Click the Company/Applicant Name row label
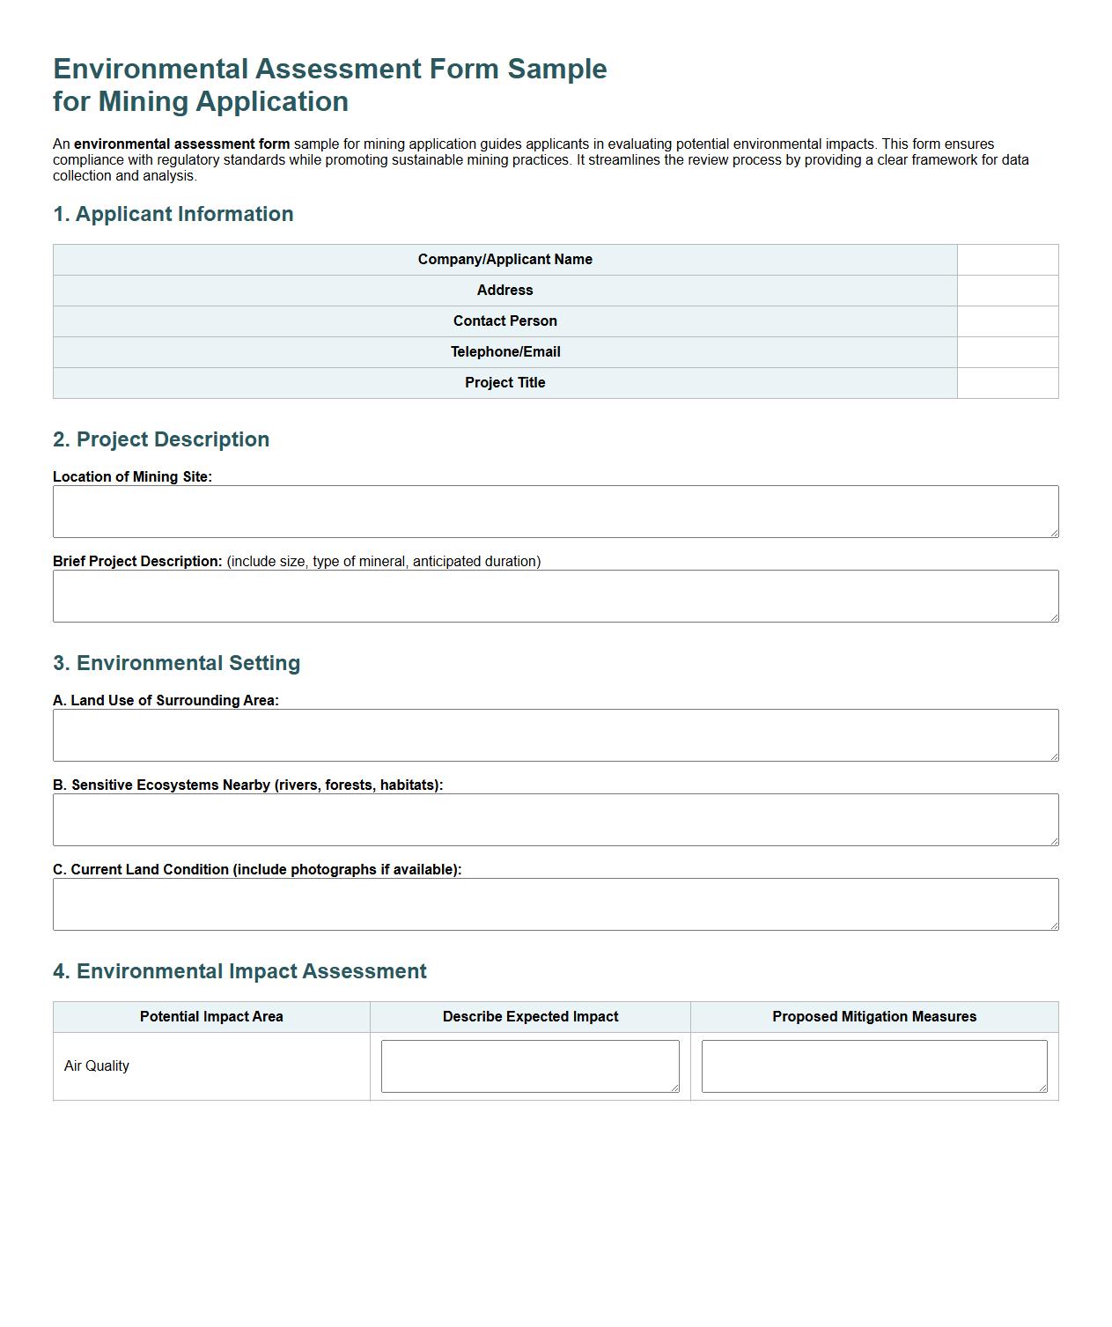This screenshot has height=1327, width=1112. pos(504,260)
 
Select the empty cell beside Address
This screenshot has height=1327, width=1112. pos(1007,291)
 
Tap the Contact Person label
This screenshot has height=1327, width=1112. pos(504,321)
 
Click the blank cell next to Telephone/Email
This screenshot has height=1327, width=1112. pos(1007,352)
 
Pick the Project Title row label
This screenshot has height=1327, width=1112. pos(504,383)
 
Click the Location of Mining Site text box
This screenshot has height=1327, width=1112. pos(555,512)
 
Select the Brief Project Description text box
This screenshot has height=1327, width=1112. pos(555,596)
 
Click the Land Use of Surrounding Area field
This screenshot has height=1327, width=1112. pos(555,735)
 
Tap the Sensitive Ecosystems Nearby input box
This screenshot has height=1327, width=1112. pos(555,820)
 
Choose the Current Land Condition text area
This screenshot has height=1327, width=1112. pos(555,904)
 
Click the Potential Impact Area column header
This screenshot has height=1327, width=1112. pos(211,1017)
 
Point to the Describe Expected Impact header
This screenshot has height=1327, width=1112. pos(530,1017)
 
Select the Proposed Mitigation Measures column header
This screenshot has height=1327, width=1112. pos(874,1017)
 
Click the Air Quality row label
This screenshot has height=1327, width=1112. pos(97,1066)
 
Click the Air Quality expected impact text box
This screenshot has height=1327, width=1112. pos(530,1066)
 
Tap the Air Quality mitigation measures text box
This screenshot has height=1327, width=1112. pos(874,1066)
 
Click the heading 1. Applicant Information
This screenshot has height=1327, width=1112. pos(173,214)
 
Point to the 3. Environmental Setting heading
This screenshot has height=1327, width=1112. pos(176,663)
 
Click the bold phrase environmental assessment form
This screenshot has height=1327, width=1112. pos(181,144)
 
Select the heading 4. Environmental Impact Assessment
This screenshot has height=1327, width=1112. pos(239,971)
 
